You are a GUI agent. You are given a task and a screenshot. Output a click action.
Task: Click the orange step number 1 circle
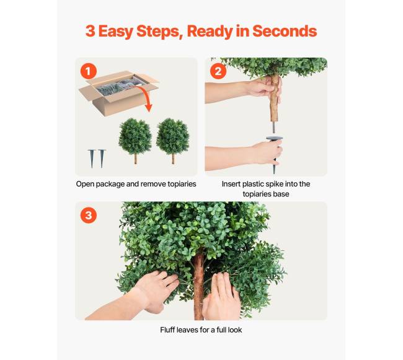click(89, 71)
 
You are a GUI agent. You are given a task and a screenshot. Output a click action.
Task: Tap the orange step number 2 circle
click(218, 71)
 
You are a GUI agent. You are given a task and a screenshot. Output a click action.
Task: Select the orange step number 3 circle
click(89, 215)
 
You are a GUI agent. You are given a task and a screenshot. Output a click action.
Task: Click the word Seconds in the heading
click(285, 31)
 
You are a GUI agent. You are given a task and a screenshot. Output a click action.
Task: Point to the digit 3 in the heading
click(91, 31)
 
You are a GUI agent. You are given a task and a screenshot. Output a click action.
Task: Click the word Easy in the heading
click(116, 32)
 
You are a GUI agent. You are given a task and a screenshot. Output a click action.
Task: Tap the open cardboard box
click(119, 93)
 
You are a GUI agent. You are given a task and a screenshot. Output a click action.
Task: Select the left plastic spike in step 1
click(92, 158)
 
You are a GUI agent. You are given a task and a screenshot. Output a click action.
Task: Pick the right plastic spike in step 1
click(102, 158)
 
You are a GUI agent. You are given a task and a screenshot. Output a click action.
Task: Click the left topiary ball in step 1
click(135, 136)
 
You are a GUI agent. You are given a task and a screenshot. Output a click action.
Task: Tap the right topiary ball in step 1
click(173, 136)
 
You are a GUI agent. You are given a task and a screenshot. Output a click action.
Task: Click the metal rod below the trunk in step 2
click(273, 128)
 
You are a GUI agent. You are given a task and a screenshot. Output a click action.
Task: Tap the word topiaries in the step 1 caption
click(182, 184)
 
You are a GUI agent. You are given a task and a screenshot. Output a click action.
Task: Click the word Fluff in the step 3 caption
click(167, 330)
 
